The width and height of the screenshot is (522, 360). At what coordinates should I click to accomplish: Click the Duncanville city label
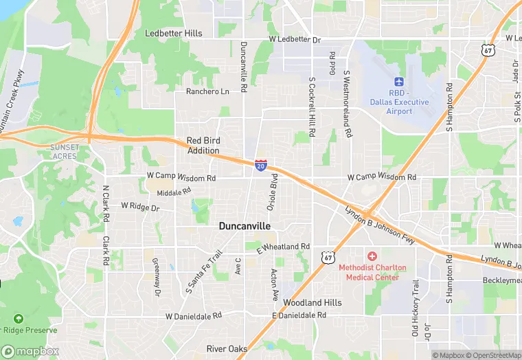[x=245, y=225]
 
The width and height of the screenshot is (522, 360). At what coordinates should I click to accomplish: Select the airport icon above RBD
[x=399, y=82]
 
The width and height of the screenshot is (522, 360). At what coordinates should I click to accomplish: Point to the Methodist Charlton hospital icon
[x=372, y=256]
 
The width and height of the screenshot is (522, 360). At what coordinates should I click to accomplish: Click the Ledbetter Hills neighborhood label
[x=174, y=33]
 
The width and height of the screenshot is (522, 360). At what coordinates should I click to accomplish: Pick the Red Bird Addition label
[x=203, y=146]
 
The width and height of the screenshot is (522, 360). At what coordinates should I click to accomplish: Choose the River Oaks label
[x=227, y=349]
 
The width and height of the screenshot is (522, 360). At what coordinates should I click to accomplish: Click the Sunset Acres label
[x=66, y=151]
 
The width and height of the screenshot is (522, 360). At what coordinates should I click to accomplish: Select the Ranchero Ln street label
[x=208, y=91]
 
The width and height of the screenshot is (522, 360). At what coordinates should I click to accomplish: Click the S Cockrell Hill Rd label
[x=312, y=107]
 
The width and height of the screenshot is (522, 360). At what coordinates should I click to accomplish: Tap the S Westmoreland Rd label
[x=348, y=103]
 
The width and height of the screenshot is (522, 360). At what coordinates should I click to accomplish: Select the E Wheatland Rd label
[x=284, y=246]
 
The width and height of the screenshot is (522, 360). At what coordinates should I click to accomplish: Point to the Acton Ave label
[x=274, y=284]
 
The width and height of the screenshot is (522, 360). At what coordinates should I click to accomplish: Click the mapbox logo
[x=30, y=351]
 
